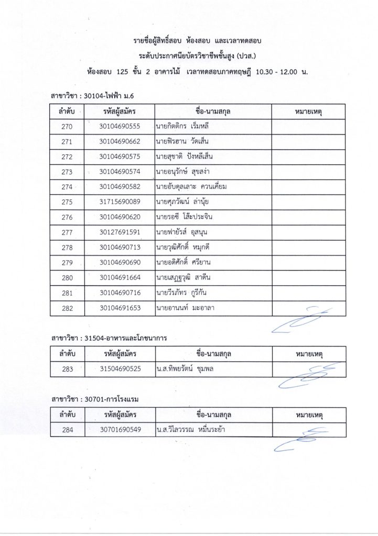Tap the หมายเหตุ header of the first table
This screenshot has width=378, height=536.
(x=308, y=111)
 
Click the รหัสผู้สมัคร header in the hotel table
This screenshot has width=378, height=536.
(x=120, y=415)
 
